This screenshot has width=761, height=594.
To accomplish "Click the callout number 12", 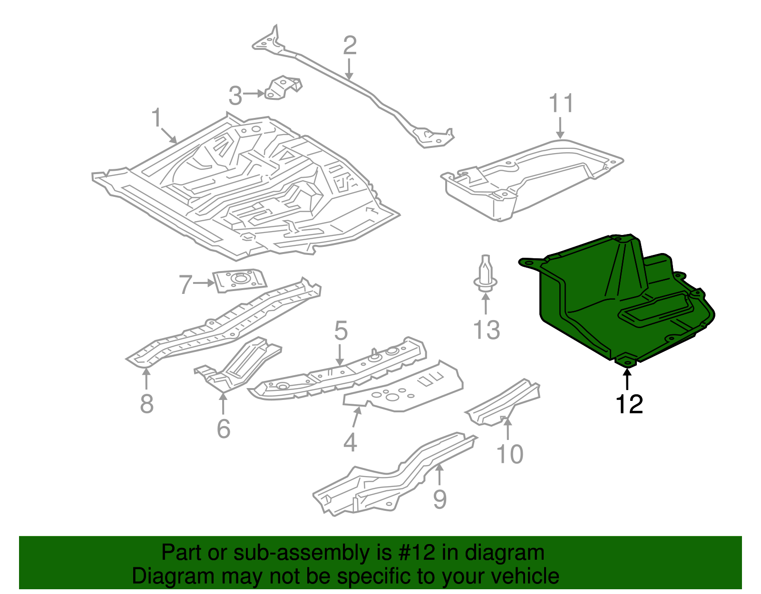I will [629, 404].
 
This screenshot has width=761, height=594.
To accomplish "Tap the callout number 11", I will [561, 103].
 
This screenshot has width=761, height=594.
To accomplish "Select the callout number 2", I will [350, 46].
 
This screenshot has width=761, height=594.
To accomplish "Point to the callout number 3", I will [235, 96].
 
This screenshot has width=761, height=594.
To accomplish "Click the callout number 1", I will [156, 118].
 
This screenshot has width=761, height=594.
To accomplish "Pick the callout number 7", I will [185, 284].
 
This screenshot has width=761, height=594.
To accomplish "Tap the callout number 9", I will [440, 499].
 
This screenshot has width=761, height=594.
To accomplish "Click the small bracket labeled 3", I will [284, 88].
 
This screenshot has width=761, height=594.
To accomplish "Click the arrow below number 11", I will [561, 128].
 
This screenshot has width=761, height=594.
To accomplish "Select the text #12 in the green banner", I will [415, 553].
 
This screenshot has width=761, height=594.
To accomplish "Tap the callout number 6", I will [224, 429].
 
